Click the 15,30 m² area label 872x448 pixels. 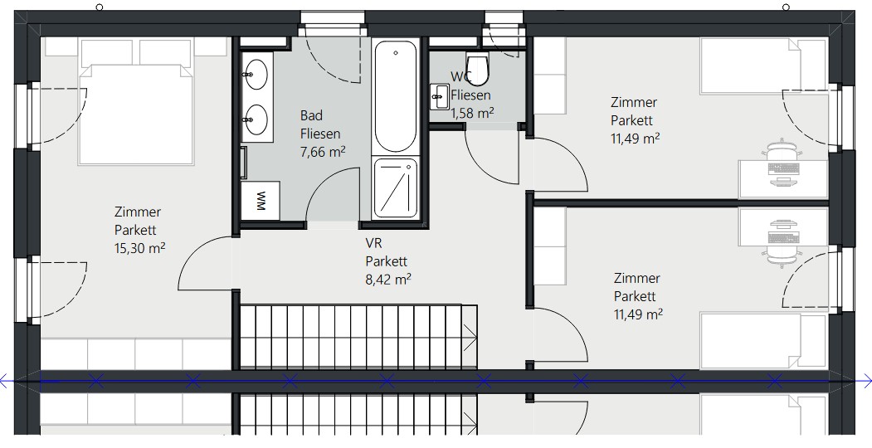(139, 248)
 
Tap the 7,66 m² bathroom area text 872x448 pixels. (323, 151)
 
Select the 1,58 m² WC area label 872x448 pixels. (472, 113)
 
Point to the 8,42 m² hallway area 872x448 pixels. (388, 279)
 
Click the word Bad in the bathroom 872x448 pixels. (311, 115)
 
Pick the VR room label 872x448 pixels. (373, 243)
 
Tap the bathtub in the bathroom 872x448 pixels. (396, 96)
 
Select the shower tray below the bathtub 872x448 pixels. (396, 187)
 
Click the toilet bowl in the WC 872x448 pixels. (476, 68)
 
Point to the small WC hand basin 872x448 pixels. (440, 97)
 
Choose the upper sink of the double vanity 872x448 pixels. (256, 75)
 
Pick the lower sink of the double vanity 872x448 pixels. (256, 119)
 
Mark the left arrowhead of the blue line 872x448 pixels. (5, 382)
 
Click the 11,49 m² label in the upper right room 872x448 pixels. (635, 139)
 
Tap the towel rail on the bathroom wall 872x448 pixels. (244, 162)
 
